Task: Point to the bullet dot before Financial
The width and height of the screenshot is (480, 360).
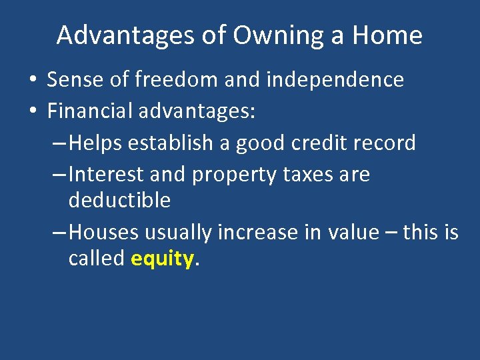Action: click(32, 111)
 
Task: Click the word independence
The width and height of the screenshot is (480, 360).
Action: click(335, 80)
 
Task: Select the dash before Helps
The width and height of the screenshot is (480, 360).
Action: click(59, 143)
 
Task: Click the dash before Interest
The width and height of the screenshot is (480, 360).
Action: click(59, 175)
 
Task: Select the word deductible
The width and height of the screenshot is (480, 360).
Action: click(119, 200)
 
